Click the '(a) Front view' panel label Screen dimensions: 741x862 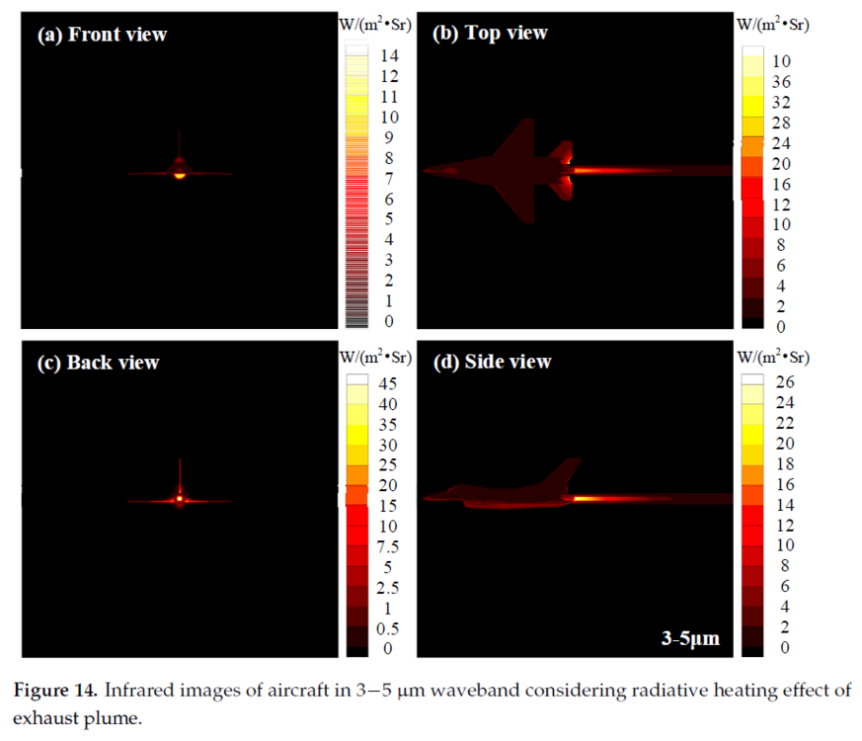[102, 35]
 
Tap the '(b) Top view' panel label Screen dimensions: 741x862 [491, 34]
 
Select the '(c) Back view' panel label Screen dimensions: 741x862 [98, 363]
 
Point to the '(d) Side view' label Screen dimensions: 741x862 [494, 362]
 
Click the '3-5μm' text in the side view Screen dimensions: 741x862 [690, 639]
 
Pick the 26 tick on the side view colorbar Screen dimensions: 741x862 [784, 383]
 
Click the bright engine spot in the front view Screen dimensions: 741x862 [180, 174]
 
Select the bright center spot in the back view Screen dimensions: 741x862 [180, 499]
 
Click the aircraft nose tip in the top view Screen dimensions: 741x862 [426, 171]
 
